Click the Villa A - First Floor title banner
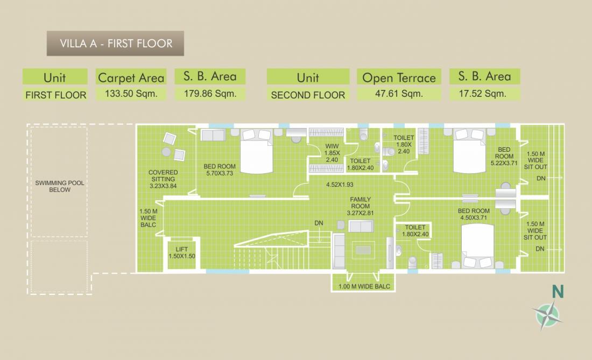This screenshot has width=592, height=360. coord(115,44)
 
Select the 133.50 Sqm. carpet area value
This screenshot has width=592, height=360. coord(131,94)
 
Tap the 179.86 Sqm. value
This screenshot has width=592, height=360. coord(210,94)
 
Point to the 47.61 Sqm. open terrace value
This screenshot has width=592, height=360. coord(399,94)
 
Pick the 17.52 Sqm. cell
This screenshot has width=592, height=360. coord(484,94)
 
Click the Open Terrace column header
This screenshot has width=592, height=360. coord(399,77)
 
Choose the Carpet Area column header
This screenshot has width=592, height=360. coord(131,77)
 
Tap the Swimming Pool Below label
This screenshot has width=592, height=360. coord(60,186)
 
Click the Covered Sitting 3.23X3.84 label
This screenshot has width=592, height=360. coord(163,179)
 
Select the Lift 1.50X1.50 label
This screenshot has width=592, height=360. coord(181,253)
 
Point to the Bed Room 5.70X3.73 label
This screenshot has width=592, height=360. coord(220,170)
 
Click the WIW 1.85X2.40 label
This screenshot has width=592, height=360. coord(332,153)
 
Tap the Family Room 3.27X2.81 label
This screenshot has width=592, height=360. coord(360,206)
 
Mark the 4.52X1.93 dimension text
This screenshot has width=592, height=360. coord(340,185)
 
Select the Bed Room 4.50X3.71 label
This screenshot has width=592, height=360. coord(474,214)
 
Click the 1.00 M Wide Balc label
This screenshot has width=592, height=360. coord(364,286)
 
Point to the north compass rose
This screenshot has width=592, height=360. coord(547,315)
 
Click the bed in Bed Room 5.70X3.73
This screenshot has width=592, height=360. coord(256,151)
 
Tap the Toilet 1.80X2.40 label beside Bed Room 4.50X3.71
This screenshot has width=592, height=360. coord(415,230)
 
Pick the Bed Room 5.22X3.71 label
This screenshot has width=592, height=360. coord(504,156)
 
